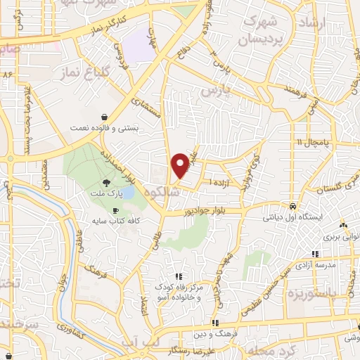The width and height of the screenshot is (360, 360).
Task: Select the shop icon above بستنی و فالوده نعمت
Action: (105, 117)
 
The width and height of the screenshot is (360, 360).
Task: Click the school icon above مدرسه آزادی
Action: (316, 253)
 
